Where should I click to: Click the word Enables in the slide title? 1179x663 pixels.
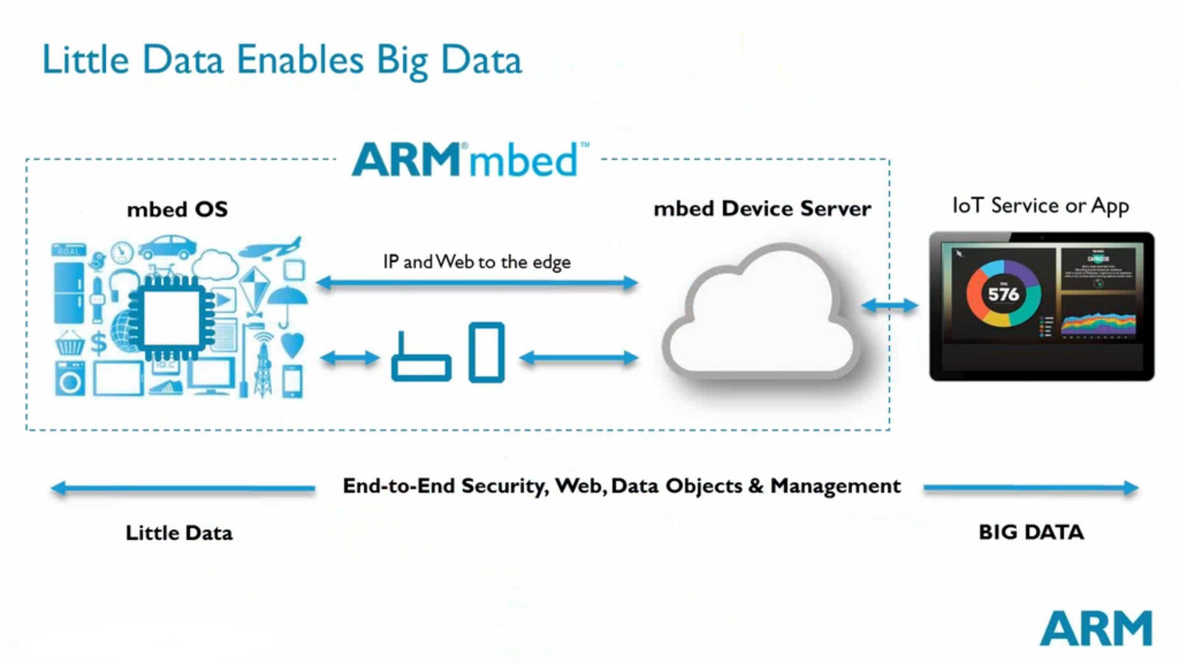(300, 60)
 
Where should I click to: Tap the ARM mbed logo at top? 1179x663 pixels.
(469, 160)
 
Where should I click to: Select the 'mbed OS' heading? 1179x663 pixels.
(177, 209)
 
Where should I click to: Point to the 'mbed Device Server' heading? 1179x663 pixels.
(761, 209)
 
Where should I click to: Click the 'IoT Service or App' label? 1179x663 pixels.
(1040, 206)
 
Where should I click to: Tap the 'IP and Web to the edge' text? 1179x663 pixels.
(477, 262)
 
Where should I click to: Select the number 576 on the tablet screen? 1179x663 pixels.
(1003, 295)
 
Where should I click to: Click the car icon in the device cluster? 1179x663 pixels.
(167, 247)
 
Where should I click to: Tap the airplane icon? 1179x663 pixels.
(270, 248)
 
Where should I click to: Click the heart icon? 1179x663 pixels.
(292, 344)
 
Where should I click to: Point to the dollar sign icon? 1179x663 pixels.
(98, 343)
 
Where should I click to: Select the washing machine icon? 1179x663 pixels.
(70, 379)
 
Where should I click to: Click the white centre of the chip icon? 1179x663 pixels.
(171, 317)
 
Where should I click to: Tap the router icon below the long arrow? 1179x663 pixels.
(421, 360)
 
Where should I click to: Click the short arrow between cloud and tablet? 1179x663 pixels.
(889, 305)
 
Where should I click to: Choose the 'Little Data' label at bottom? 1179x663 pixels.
(179, 533)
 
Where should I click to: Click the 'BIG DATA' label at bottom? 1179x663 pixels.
(1031, 532)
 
